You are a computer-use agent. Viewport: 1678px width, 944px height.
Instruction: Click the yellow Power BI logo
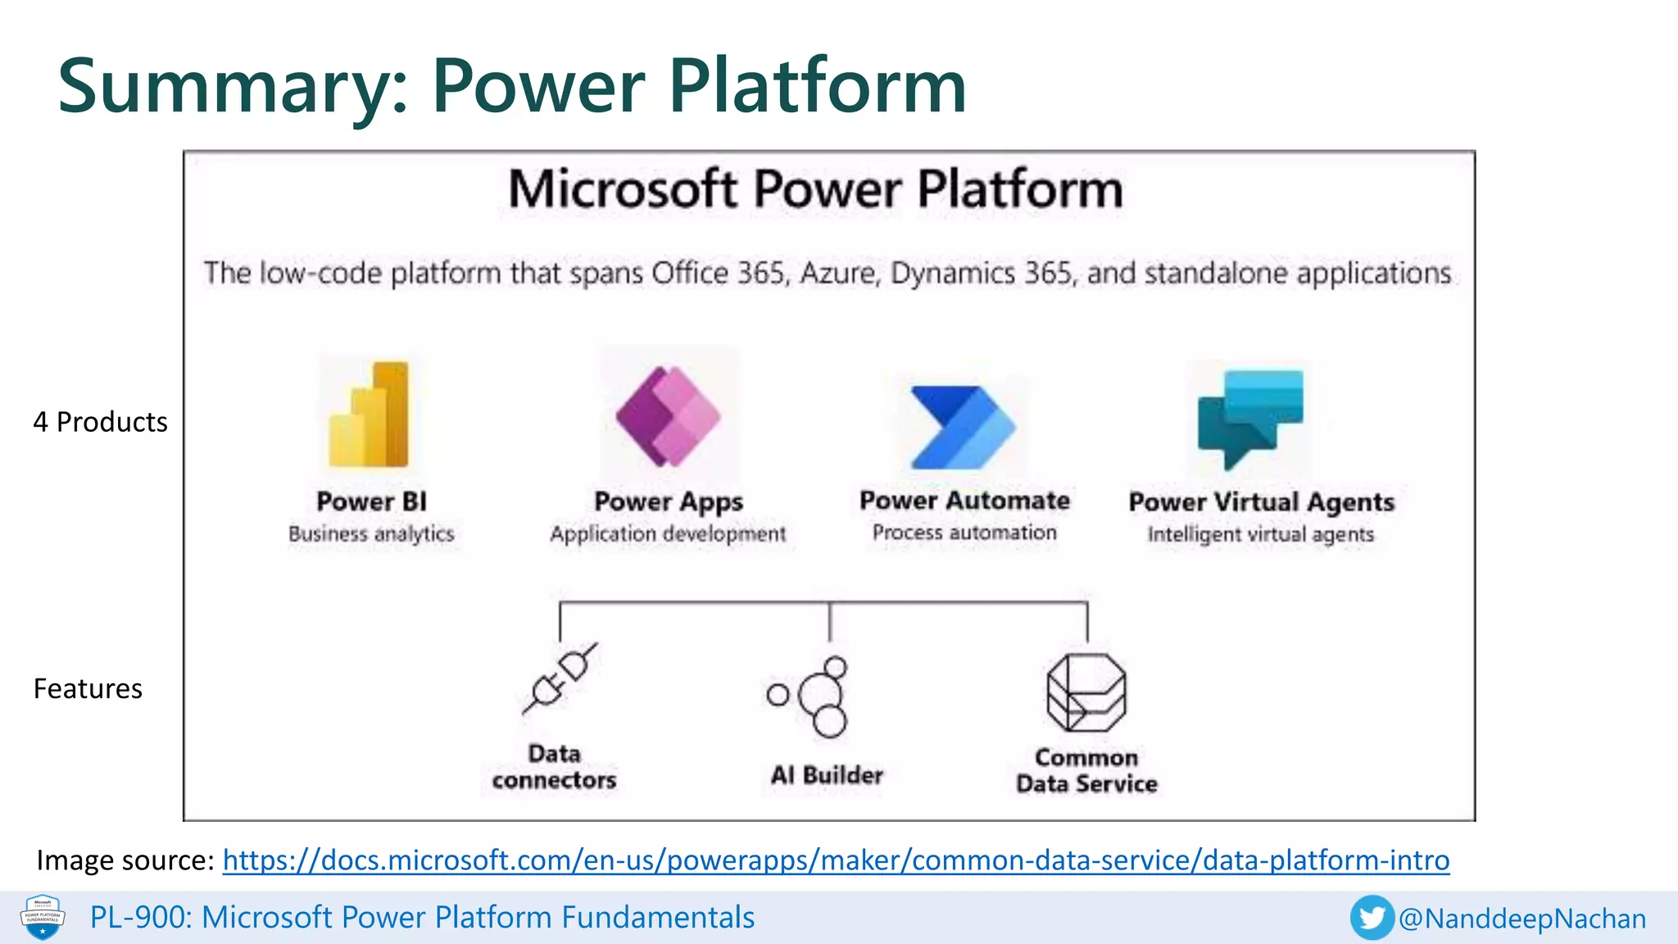pos(370,415)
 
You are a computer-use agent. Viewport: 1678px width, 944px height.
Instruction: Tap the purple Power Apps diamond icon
pos(669,416)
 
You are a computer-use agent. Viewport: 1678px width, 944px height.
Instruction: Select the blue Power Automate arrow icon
pos(963,427)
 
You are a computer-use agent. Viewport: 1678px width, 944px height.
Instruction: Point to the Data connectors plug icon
pos(560,678)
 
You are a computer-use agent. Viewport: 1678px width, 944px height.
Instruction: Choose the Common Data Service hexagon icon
pos(1086,693)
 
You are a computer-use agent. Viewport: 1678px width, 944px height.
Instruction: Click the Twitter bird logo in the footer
pos(1372,918)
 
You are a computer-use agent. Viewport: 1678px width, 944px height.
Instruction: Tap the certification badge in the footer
pos(43,917)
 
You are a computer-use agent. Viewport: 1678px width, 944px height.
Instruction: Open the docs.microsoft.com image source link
pos(836,860)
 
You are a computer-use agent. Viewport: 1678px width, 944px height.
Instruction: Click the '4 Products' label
pos(100,422)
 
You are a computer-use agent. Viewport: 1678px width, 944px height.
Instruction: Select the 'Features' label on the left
pos(88,689)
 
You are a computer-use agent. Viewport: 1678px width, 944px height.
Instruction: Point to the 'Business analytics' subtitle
pos(371,534)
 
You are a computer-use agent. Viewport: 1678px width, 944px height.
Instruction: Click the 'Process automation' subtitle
pos(964,533)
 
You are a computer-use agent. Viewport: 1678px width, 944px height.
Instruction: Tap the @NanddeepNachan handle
pos(1522,919)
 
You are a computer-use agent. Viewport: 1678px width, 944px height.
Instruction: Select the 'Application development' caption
pos(668,534)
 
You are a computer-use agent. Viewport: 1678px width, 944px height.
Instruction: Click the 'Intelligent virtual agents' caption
pos(1260,535)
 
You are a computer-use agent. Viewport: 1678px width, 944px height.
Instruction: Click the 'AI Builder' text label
pos(827,775)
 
